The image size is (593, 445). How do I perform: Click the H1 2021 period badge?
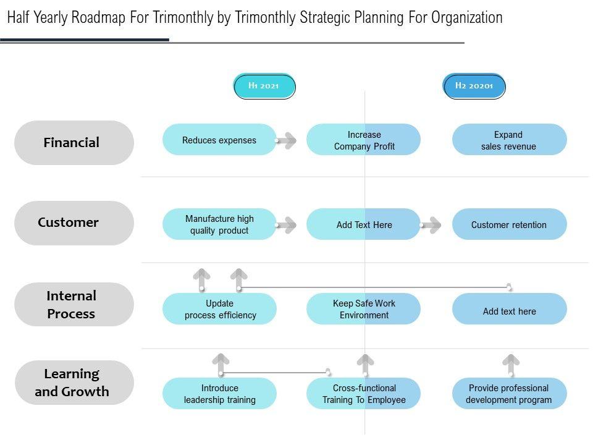[264, 86]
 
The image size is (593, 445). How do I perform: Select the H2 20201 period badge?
[474, 86]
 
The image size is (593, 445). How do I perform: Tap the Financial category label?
[74, 143]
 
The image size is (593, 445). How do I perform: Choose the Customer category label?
[74, 222]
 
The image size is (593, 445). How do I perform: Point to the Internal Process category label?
[74, 305]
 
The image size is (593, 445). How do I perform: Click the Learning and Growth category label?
[74, 383]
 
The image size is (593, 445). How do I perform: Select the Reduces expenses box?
[219, 140]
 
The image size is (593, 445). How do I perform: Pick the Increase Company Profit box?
[364, 140]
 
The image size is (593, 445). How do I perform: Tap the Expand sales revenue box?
[509, 140]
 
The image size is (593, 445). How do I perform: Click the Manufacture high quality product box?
[219, 224]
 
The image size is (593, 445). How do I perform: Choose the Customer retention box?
[509, 224]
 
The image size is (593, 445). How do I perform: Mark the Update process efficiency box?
[219, 309]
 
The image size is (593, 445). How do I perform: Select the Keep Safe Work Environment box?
[364, 309]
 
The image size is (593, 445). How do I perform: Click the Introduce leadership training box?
[219, 394]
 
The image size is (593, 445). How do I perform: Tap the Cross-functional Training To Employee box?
[364, 394]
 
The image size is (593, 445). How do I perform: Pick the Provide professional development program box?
[509, 394]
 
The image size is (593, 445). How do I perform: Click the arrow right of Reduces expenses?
[286, 140]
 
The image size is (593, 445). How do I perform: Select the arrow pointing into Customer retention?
[431, 225]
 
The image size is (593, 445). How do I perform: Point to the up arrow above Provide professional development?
[511, 364]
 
